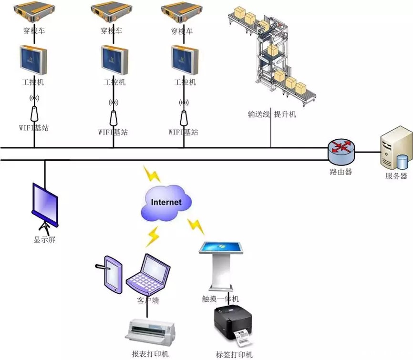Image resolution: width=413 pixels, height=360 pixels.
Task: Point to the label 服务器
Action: tap(396, 176)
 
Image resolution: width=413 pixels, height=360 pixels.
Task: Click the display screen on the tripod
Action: tap(45, 199)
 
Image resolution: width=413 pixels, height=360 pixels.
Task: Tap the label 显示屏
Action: tap(45, 239)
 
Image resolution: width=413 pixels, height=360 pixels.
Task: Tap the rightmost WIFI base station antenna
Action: tap(183, 113)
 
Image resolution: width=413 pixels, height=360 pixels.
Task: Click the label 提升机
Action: tap(285, 114)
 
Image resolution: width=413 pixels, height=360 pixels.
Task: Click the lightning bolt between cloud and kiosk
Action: tap(195, 226)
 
